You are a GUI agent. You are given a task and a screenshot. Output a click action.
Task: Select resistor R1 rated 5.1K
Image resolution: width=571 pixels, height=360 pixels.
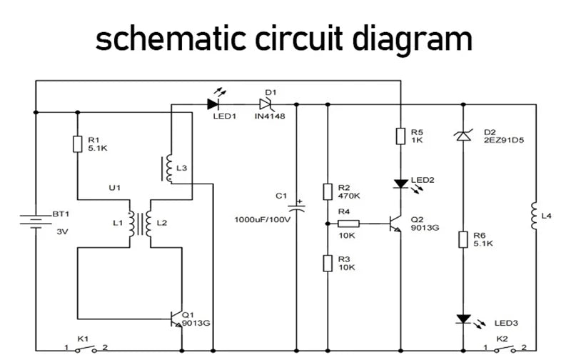(x=76, y=144)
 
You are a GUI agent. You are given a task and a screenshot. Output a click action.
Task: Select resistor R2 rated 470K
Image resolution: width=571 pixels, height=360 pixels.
(x=327, y=191)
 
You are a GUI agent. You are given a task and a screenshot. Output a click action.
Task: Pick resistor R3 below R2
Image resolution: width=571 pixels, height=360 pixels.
(x=327, y=262)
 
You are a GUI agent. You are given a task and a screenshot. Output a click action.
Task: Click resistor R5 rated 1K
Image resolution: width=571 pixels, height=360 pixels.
(x=402, y=136)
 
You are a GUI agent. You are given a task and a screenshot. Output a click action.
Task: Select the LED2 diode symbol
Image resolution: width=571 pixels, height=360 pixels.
(x=402, y=184)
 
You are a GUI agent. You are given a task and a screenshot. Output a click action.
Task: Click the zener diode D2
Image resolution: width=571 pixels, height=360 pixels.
(x=464, y=134)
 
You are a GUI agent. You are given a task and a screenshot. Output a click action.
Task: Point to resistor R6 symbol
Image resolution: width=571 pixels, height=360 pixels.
(x=464, y=239)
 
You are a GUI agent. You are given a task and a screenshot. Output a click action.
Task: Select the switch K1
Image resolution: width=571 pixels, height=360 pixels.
(x=86, y=349)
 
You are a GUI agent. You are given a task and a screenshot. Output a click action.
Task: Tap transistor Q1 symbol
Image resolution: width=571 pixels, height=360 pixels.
(x=177, y=319)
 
